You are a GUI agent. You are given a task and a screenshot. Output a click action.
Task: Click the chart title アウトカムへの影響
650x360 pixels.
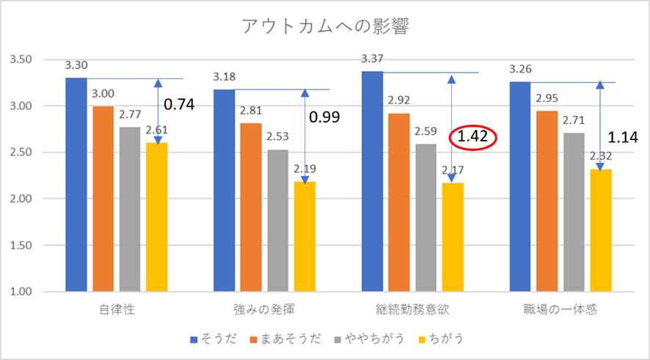[325, 27]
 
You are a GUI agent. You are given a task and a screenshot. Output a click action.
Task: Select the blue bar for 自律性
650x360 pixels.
[76, 184]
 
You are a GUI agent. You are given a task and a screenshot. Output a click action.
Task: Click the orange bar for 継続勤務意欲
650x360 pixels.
[399, 202]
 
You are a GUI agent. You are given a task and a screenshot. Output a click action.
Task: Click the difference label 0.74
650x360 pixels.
[179, 104]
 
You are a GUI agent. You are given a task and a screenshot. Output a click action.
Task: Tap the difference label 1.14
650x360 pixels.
[622, 136]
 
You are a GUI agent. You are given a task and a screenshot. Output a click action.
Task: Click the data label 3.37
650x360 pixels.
[372, 59]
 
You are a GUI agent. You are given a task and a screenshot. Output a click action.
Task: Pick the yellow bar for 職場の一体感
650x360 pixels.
[599, 230]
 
